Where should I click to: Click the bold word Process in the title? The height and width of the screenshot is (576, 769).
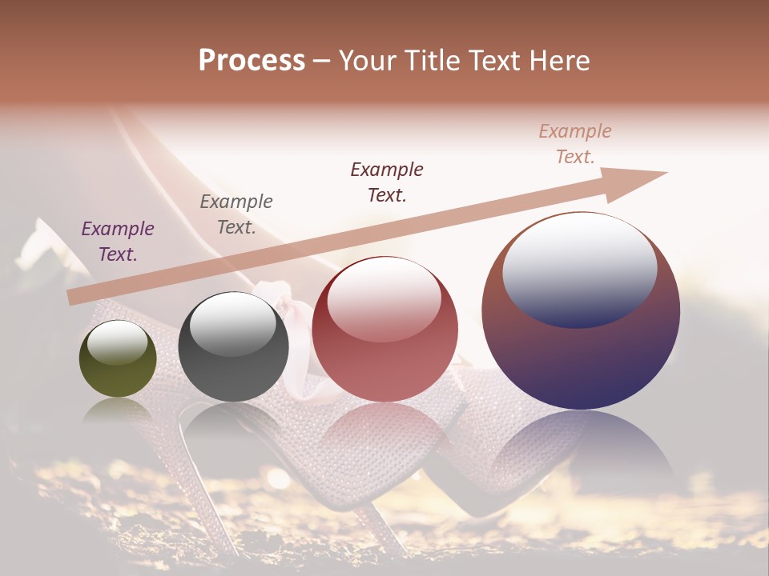(252, 61)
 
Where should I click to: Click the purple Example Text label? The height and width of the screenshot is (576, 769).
(118, 242)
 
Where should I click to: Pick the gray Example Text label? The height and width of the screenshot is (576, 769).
(236, 214)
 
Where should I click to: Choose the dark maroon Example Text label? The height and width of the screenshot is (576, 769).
(387, 182)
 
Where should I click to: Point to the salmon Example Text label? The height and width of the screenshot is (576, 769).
(575, 144)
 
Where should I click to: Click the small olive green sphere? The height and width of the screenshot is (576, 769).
(118, 359)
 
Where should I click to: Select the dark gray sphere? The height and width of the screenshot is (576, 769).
(233, 346)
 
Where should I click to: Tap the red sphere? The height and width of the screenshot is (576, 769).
(384, 329)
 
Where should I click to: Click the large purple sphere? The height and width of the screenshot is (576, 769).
(581, 310)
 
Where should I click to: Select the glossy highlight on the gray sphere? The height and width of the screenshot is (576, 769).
(232, 322)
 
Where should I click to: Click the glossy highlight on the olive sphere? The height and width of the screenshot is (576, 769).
(117, 343)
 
